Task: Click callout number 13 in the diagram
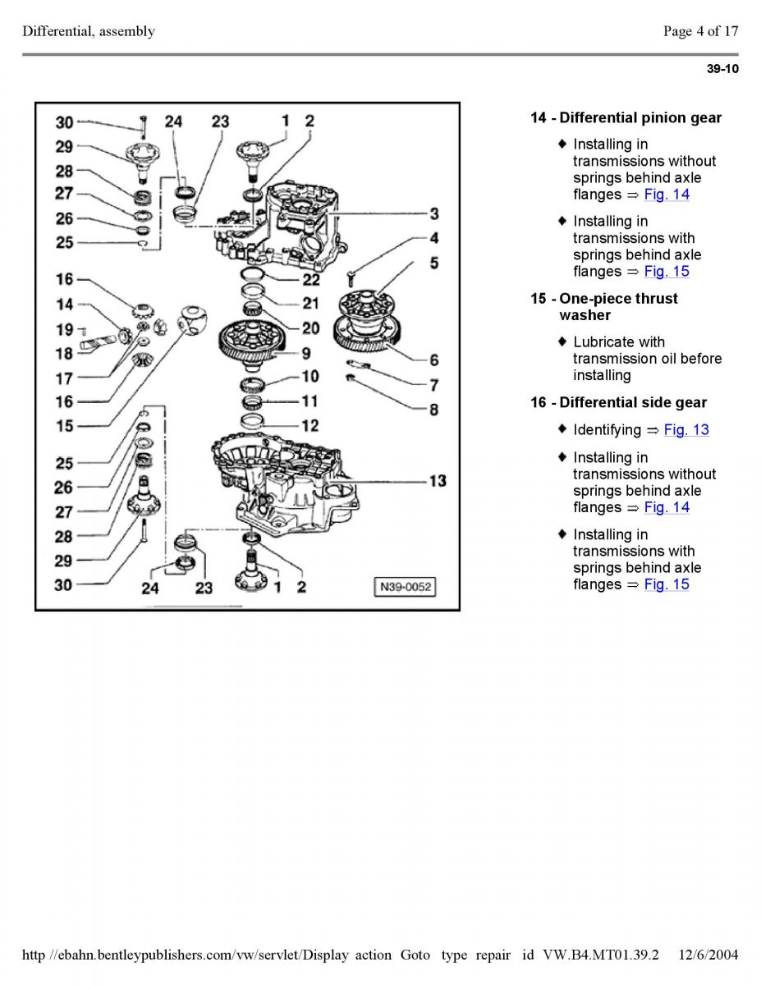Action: coord(437,481)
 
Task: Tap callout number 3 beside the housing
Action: coord(433,213)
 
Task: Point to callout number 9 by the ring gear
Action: coord(305,354)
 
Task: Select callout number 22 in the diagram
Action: coord(310,280)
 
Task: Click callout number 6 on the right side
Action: coord(433,263)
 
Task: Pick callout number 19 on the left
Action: coord(65,330)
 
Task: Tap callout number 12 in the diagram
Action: coord(309,425)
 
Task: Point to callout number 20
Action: coord(310,328)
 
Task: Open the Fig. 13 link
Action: coord(685,430)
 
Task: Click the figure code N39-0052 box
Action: coord(404,587)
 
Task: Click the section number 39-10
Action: coord(722,69)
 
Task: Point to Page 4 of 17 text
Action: coord(700,32)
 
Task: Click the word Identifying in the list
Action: coord(607,430)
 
